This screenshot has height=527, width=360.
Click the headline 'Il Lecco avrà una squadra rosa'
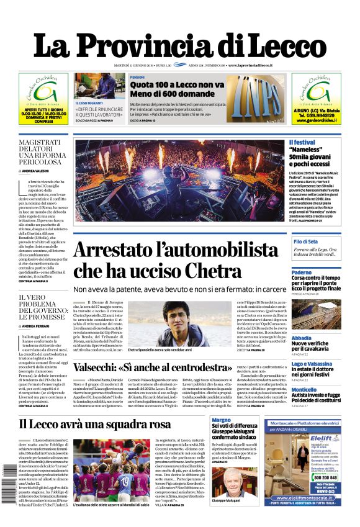tap(94, 424)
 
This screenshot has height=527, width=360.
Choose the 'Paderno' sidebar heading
tap(302, 273)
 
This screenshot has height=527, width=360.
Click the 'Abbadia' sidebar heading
tap(302, 338)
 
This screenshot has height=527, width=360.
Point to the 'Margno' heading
tap(220, 420)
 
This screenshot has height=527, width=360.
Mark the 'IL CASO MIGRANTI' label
tap(91, 103)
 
